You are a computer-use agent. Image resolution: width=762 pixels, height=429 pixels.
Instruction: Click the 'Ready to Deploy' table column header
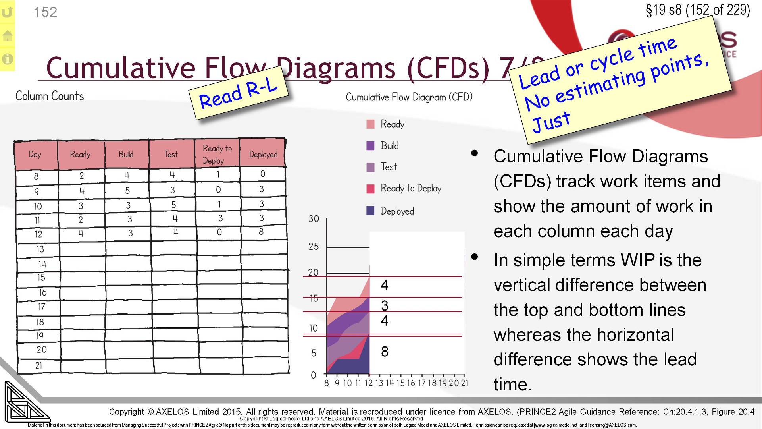(x=217, y=154)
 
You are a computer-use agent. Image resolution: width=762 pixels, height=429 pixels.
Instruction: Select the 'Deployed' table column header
(x=263, y=154)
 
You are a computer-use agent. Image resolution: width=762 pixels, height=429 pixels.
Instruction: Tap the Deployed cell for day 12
(x=261, y=232)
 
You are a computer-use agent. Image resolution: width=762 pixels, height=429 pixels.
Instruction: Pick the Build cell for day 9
(x=127, y=191)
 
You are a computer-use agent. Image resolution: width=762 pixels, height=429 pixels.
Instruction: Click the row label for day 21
(x=38, y=365)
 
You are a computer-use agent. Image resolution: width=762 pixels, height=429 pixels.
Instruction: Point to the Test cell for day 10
(x=173, y=205)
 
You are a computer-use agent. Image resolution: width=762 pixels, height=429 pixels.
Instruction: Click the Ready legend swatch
(x=370, y=124)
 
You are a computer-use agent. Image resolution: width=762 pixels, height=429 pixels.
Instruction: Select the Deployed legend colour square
(x=370, y=211)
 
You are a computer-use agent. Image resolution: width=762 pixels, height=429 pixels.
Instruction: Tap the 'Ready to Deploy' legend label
(x=411, y=188)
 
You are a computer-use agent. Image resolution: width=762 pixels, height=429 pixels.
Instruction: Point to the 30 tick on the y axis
(x=314, y=219)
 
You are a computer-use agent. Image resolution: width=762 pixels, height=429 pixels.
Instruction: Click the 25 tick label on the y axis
(x=314, y=247)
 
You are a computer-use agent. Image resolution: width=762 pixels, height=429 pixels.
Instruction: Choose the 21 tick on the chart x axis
(x=464, y=383)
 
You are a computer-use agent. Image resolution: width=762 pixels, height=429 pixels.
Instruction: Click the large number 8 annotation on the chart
(x=385, y=352)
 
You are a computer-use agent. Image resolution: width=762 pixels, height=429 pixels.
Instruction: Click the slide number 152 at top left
(x=45, y=12)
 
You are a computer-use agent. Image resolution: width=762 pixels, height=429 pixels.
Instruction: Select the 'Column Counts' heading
(x=50, y=96)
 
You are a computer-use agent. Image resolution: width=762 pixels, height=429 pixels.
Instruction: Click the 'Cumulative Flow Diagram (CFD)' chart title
(x=409, y=97)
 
